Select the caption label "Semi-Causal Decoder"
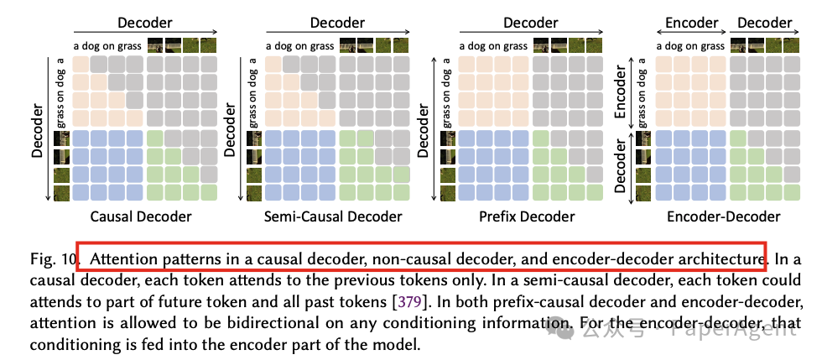[x=333, y=217]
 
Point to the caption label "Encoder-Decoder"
[x=724, y=217]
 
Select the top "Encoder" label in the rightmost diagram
[x=691, y=23]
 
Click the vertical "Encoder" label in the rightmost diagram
[x=624, y=93]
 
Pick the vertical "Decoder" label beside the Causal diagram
[x=37, y=130]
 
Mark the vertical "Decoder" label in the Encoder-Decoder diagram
[x=624, y=166]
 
